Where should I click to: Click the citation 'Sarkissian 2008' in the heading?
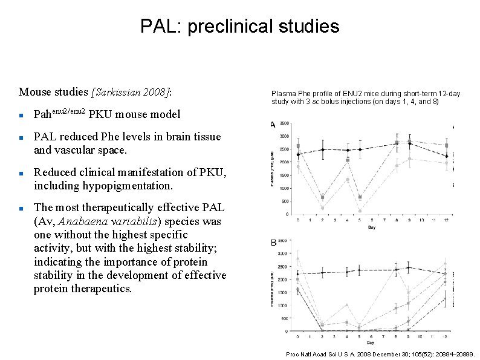(x=131, y=93)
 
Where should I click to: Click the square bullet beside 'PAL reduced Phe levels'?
(x=21, y=138)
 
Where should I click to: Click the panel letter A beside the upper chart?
(x=273, y=125)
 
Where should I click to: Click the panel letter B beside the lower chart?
(x=273, y=243)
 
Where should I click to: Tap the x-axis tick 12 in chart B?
(x=446, y=336)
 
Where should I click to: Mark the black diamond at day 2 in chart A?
(x=322, y=149)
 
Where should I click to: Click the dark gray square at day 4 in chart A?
(x=348, y=160)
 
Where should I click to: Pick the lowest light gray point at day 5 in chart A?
(x=360, y=211)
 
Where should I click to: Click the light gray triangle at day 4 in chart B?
(x=347, y=305)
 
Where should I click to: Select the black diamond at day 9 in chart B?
(x=409, y=267)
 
